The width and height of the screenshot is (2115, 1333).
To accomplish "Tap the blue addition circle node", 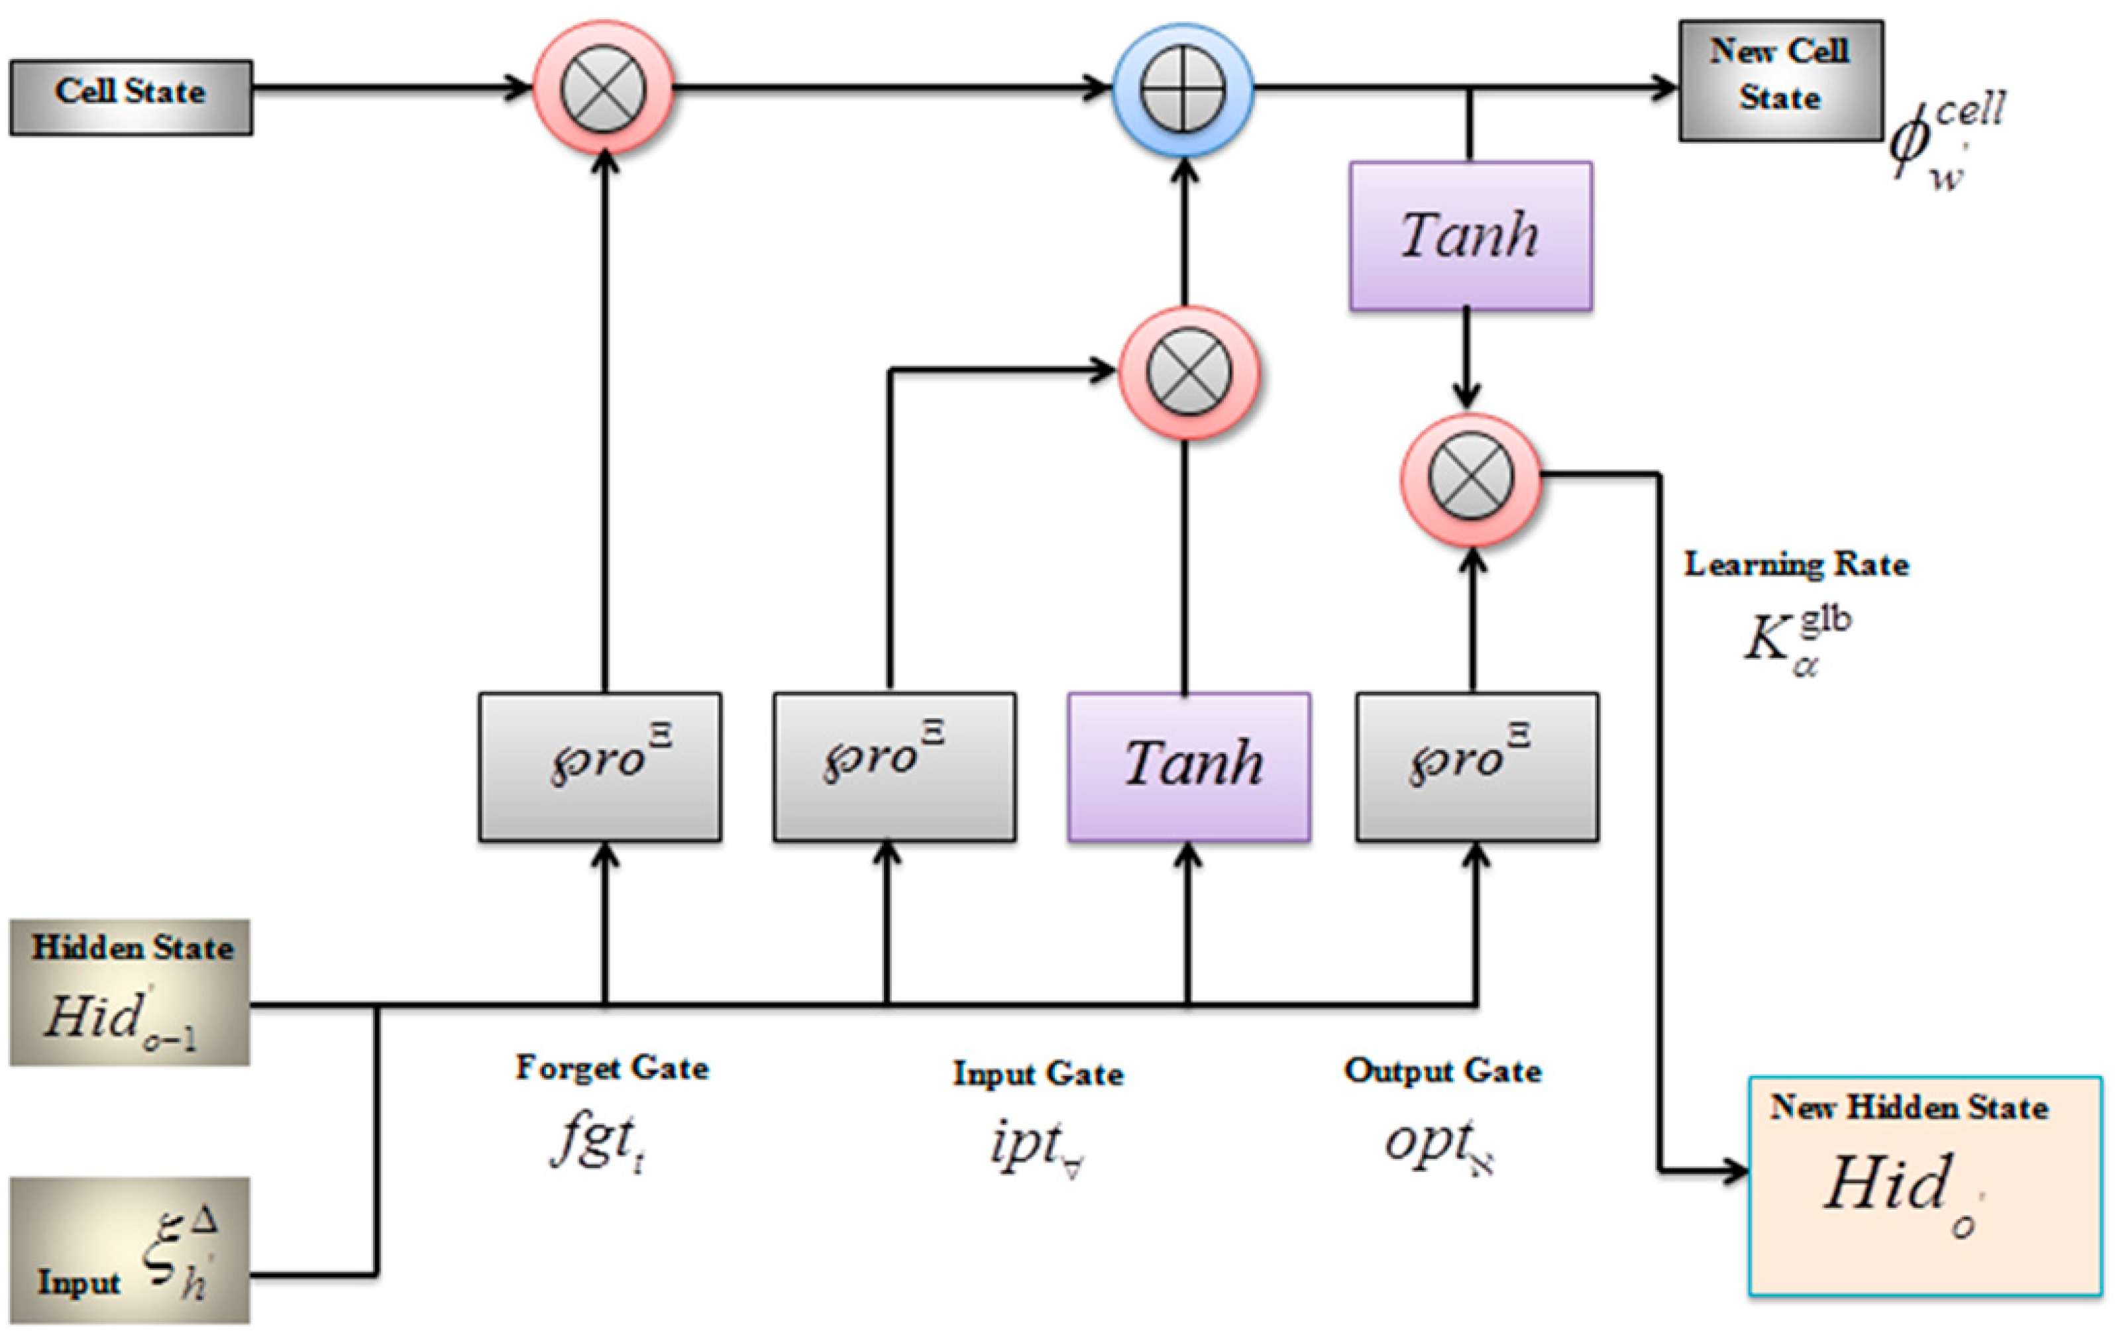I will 1182,89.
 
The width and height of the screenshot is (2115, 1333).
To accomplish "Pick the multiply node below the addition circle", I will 1189,372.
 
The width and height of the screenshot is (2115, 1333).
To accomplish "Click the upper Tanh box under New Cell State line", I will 1470,235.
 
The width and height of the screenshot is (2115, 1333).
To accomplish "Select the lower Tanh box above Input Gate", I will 1189,766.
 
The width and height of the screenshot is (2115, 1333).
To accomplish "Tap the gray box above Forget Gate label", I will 600,766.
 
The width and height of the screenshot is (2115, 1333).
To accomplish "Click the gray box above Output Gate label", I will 1476,766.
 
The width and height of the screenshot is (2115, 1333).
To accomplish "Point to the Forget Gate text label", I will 612,1068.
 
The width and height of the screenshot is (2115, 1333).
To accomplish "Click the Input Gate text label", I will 1038,1073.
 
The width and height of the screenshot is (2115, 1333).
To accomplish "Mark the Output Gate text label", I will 1442,1071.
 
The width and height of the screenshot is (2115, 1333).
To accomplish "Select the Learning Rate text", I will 1795,564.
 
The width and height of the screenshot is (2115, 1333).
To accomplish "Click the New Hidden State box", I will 1924,1185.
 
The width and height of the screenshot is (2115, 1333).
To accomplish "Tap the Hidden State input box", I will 130,992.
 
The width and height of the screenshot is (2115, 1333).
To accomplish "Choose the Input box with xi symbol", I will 130,1250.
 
